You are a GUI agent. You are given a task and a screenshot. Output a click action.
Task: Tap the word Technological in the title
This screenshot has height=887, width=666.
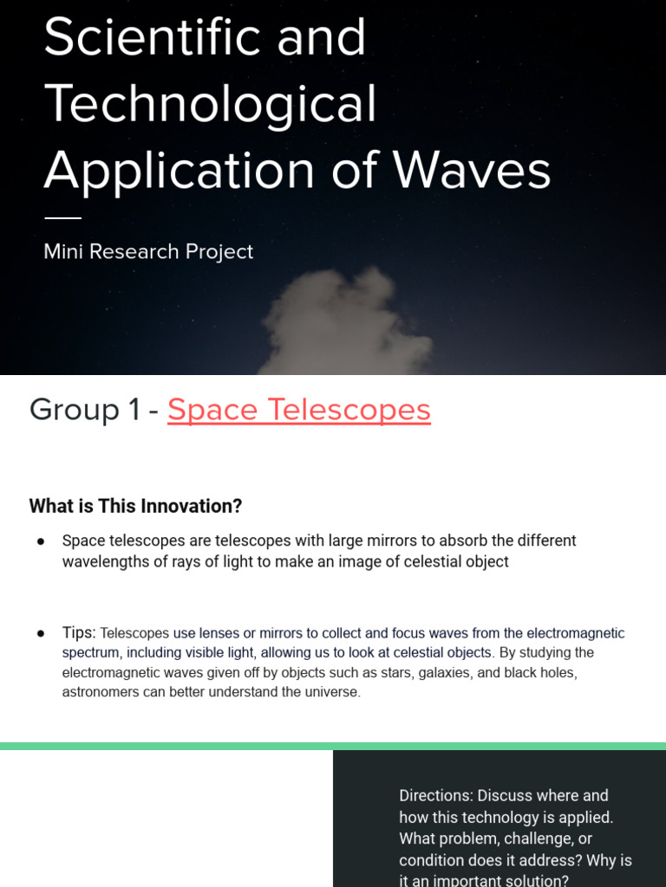coord(211,104)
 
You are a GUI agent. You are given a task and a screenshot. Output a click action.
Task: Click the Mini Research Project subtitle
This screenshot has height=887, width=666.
coord(148,252)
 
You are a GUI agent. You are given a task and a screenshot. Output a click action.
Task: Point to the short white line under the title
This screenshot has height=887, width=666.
coord(62,217)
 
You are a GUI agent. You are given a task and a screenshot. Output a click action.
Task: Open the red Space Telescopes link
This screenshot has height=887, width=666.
coord(299,410)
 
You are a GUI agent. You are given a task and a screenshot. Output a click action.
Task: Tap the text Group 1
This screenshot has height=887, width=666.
coord(85,410)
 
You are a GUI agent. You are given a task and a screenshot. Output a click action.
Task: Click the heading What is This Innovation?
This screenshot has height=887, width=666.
coord(135,506)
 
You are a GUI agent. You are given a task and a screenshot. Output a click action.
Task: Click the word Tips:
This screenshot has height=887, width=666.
coord(79,633)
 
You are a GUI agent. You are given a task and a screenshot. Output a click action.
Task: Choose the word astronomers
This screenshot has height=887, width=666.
coord(103,692)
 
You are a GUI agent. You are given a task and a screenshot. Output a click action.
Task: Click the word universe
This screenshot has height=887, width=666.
coord(331,692)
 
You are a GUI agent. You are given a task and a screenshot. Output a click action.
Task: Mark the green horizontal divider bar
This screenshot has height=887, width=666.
coord(333,746)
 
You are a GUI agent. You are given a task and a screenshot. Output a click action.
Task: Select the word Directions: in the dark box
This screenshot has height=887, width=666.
coord(435,795)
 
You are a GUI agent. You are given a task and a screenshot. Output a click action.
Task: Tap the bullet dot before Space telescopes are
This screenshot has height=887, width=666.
coord(41,541)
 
